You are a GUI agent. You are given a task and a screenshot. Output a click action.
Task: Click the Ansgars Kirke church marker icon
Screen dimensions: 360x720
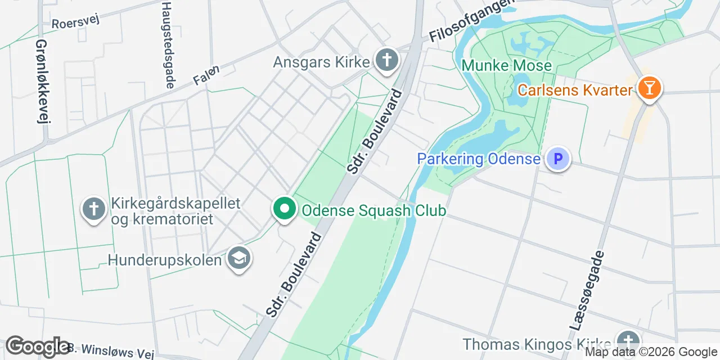tap(386, 59)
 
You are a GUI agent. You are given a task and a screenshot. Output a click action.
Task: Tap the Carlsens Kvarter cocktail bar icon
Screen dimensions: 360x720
tap(650, 88)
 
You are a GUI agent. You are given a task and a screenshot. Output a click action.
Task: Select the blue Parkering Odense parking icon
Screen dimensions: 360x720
tap(558, 159)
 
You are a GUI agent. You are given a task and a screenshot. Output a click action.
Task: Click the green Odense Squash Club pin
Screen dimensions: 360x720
tap(285, 209)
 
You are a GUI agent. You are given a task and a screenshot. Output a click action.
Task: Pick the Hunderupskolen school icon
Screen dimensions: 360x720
tap(240, 259)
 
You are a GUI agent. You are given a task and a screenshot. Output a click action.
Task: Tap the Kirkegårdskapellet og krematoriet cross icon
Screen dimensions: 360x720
tap(94, 209)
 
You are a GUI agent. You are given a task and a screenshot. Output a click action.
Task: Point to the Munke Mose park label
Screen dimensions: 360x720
tap(506, 66)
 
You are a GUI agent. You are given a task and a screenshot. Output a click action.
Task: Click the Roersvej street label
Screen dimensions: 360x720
tap(75, 22)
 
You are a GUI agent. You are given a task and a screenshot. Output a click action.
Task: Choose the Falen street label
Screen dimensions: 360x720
tap(206, 75)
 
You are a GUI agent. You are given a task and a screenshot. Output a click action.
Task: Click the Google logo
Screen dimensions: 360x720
tap(38, 346)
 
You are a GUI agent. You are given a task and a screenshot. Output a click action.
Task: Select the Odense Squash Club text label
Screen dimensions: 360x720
tap(373, 211)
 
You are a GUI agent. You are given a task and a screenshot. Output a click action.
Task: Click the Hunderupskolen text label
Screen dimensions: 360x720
tap(164, 260)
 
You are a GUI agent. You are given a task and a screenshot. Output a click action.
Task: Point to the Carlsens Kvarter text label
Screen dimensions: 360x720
tap(575, 90)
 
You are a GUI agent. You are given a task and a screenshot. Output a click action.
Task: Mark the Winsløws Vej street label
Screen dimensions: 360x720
tap(107, 352)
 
